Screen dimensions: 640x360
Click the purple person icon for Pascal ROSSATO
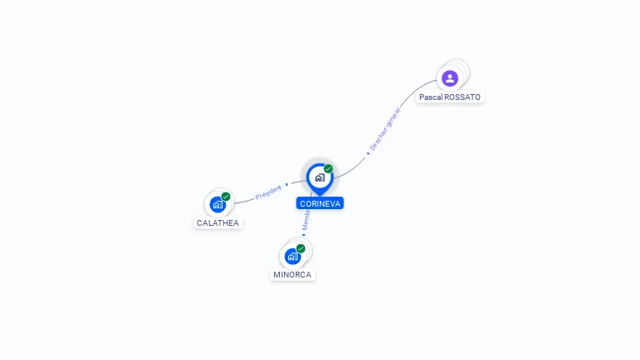click(450, 78)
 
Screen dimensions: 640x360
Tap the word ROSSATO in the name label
click(462, 97)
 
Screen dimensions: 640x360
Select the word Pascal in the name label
click(431, 97)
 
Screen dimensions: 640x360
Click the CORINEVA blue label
click(320, 203)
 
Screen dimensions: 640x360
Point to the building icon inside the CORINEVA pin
click(319, 177)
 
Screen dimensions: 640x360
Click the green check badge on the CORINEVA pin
click(328, 168)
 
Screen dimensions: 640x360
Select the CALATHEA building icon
click(217, 204)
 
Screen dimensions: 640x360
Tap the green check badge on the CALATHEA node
click(226, 197)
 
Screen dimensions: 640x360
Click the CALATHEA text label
click(217, 223)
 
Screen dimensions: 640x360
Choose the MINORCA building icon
click(292, 256)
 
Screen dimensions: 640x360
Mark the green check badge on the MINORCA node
click(301, 248)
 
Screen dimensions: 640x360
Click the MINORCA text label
click(293, 275)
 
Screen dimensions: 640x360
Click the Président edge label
click(268, 192)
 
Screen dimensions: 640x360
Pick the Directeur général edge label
click(386, 129)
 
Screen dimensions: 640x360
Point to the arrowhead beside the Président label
click(287, 185)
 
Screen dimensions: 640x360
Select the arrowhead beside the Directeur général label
click(367, 153)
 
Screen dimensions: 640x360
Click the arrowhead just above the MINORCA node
click(303, 235)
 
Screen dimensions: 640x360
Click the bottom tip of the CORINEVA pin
click(319, 195)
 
